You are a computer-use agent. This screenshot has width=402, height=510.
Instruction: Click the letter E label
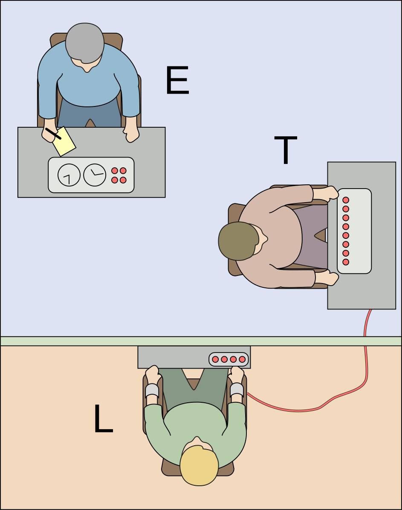point(177,81)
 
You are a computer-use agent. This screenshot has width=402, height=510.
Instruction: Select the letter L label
point(103,419)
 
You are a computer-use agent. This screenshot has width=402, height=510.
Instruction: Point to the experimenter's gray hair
point(84,41)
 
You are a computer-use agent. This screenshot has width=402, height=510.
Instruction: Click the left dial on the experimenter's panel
point(69,175)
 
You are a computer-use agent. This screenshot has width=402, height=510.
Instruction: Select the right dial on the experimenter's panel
point(95,175)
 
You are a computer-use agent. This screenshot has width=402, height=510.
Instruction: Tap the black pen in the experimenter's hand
point(53,134)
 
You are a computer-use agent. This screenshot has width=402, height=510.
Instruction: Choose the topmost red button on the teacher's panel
point(346,200)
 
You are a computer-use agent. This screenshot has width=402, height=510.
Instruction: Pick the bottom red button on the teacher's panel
point(346,262)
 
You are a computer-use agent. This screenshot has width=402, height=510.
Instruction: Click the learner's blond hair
point(199,465)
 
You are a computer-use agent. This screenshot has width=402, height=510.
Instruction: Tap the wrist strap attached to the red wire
point(237,390)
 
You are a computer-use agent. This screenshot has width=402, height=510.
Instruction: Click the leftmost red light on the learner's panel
point(215,359)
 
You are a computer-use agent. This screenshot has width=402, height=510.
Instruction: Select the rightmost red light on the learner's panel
point(242,359)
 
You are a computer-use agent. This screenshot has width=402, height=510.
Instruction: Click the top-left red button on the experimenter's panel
point(114,171)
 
